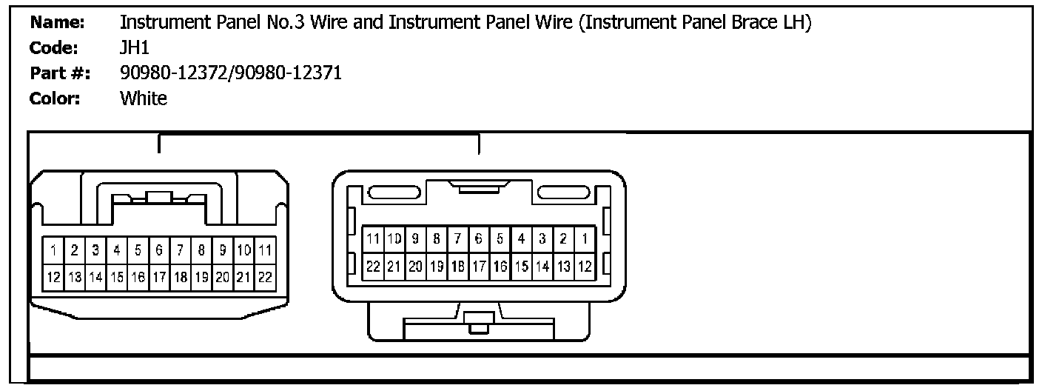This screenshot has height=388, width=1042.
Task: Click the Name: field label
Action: pos(58,23)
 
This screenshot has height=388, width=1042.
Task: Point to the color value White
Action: pos(143,98)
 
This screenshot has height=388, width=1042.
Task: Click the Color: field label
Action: pos(55,98)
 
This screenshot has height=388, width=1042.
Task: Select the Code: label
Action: pos(54,48)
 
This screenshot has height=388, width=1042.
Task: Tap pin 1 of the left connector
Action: pos(54,251)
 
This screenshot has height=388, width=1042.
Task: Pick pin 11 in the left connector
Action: pos(265,251)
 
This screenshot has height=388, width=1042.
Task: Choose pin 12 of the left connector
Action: pos(54,277)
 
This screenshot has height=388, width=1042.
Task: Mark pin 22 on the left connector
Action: pos(265,277)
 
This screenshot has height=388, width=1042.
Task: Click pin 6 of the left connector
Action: pos(159,251)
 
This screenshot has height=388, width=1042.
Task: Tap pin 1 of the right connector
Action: pos(584,238)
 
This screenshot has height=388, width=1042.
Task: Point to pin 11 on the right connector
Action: pos(374,238)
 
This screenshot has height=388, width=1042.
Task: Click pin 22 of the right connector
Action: pos(374,265)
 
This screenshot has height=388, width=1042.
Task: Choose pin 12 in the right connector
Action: pos(584,265)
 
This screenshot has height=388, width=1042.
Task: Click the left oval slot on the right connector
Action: pos(394,193)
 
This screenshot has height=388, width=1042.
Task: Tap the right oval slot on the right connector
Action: pos(563,193)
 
